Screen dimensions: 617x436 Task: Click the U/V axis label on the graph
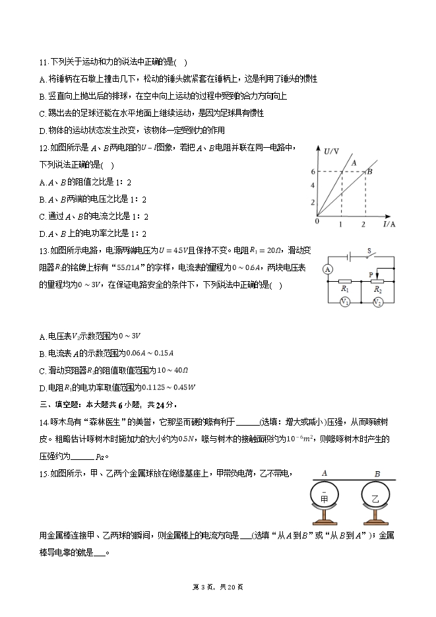click(332, 152)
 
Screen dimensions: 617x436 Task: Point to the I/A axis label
click(389, 224)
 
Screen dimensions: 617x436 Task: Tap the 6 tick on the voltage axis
click(313, 172)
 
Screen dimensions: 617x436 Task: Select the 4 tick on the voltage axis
click(313, 185)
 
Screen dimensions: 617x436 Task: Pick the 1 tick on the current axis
click(341, 225)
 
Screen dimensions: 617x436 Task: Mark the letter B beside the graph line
click(369, 172)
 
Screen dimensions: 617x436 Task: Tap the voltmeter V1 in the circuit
click(344, 302)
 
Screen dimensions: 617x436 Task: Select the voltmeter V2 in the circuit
click(378, 302)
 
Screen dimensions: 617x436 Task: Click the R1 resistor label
click(344, 289)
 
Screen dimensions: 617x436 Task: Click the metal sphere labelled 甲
click(324, 500)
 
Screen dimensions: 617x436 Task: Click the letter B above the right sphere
click(377, 473)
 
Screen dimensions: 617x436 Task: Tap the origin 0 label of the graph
click(317, 222)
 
